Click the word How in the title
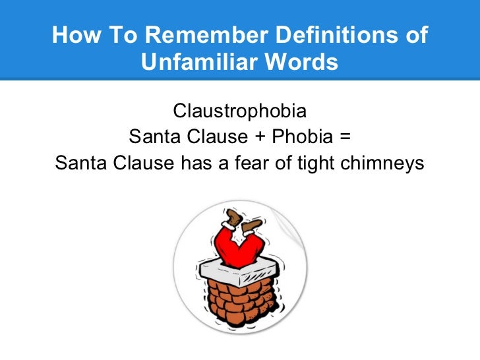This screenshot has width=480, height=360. [x=72, y=36]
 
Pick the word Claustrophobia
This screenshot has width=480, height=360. [x=239, y=109]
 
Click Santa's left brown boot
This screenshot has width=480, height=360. [x=231, y=218]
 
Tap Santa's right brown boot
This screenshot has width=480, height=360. [x=253, y=228]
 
